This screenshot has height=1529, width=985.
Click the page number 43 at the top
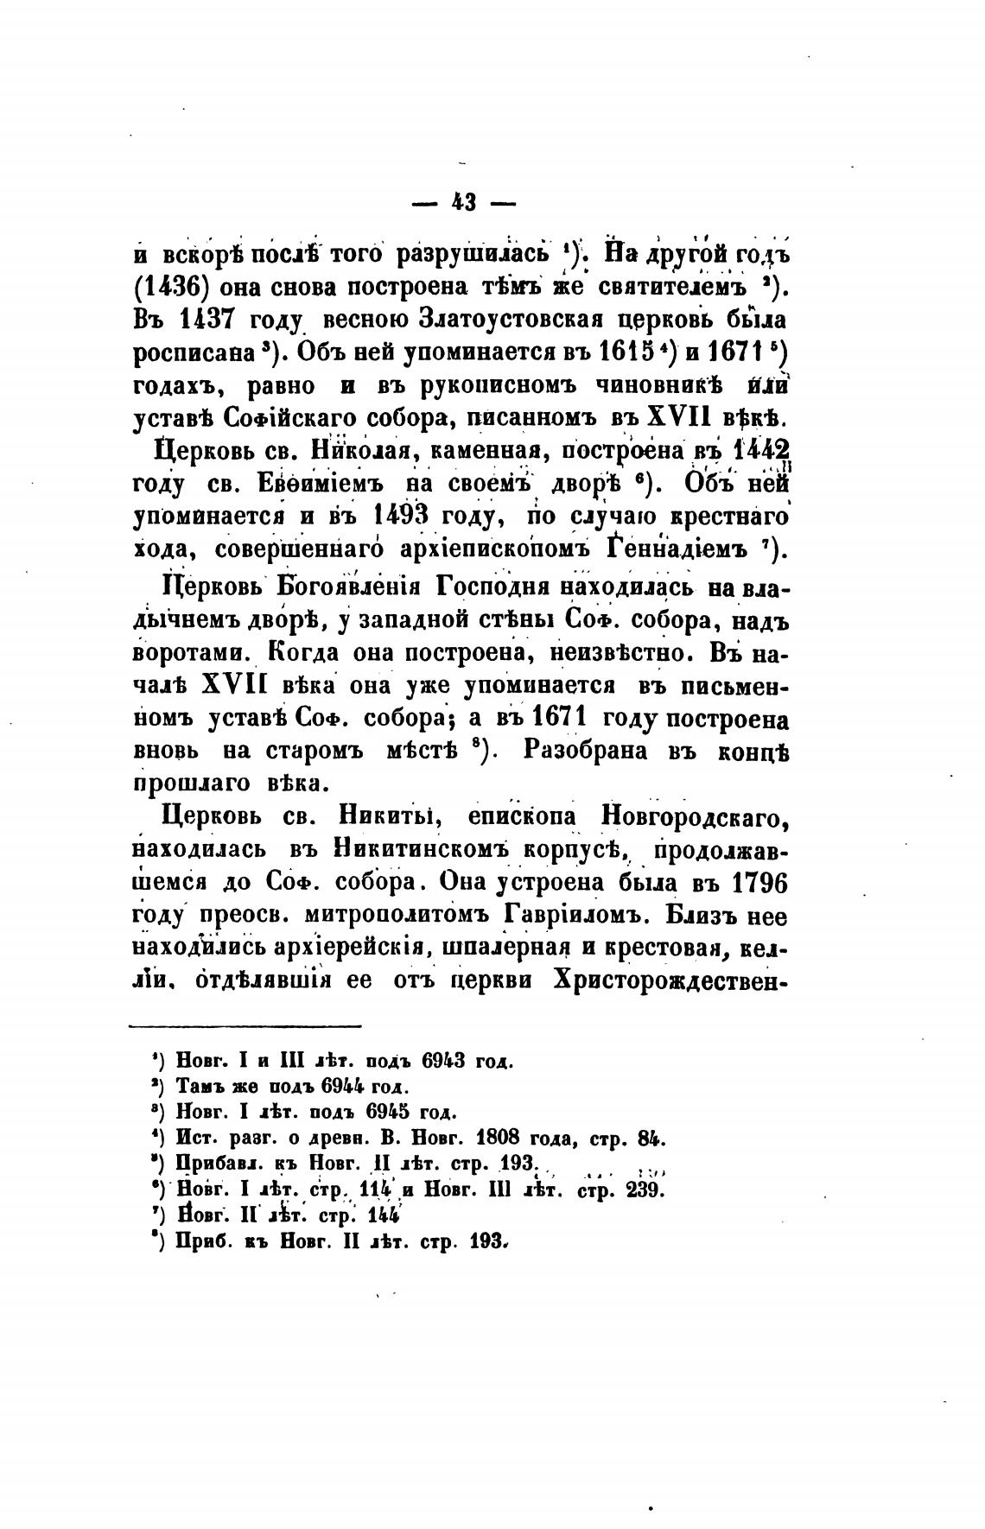pos(465,204)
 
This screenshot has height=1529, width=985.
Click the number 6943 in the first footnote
pos(444,1060)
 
